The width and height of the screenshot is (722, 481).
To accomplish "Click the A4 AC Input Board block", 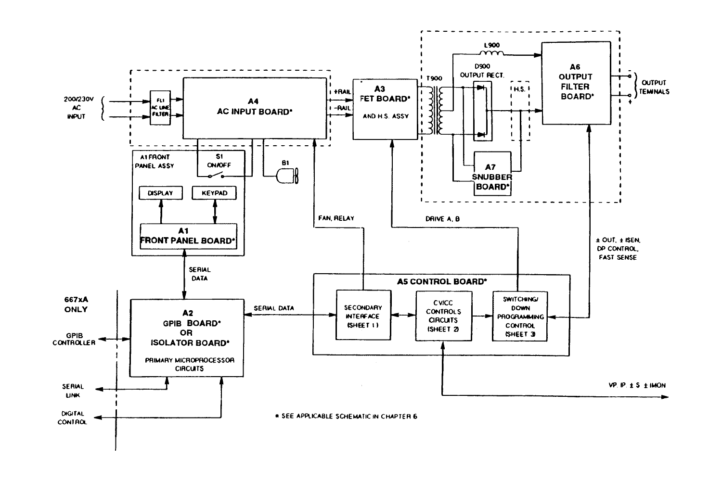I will pyautogui.click(x=254, y=108).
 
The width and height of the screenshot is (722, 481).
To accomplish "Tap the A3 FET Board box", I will pyautogui.click(x=385, y=109).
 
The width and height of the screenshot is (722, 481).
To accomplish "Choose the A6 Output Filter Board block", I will pyautogui.click(x=575, y=83).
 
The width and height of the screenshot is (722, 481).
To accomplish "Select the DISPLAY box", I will pyautogui.click(x=160, y=193).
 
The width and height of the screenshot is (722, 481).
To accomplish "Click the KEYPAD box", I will pyautogui.click(x=215, y=193).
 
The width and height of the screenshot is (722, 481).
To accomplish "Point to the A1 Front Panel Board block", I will pyautogui.click(x=188, y=236).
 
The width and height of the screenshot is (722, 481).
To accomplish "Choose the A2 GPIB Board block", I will pyautogui.click(x=187, y=337).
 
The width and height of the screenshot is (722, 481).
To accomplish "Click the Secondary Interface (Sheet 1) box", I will pyautogui.click(x=363, y=316).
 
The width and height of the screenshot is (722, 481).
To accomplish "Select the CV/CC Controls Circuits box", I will pyautogui.click(x=443, y=316).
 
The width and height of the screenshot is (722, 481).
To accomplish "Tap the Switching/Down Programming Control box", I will pyautogui.click(x=520, y=316).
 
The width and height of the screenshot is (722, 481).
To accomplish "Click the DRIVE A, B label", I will pyautogui.click(x=442, y=219).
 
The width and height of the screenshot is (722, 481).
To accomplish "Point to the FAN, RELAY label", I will pyautogui.click(x=336, y=218).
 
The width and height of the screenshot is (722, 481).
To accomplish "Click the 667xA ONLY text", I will pyautogui.click(x=76, y=304).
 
